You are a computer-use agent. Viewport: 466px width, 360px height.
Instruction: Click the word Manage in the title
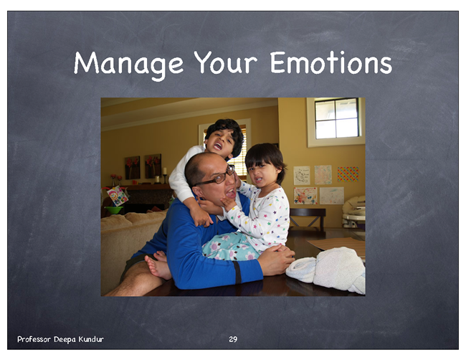(x=128, y=64)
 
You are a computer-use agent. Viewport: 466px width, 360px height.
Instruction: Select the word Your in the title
(x=226, y=62)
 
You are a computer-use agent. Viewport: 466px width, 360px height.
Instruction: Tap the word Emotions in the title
(x=331, y=62)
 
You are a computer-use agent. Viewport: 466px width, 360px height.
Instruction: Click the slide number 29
(x=233, y=339)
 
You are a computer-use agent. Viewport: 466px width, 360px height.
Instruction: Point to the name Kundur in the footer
(x=91, y=339)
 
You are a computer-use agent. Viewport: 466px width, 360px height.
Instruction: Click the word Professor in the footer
(x=34, y=339)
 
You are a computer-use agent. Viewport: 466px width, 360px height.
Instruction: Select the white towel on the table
(x=326, y=270)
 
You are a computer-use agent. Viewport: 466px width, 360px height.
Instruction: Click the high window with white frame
(x=336, y=122)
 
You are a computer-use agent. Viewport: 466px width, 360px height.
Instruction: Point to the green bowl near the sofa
(x=113, y=210)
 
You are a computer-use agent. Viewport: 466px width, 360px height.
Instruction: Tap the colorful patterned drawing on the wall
(x=348, y=174)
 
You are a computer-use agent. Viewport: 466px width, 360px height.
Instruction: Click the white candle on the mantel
(x=164, y=171)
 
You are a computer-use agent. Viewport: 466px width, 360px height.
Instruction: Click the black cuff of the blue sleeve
(x=238, y=273)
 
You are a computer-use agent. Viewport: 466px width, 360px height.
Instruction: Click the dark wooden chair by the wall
(x=308, y=217)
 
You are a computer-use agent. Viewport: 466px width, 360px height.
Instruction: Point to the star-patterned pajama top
(x=262, y=217)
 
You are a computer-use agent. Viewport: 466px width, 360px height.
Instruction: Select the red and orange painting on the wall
(x=305, y=196)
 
